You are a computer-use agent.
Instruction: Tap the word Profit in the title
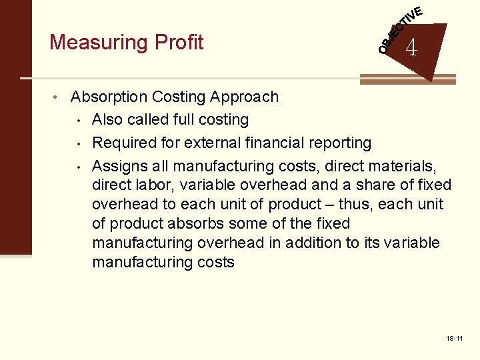coord(179,42)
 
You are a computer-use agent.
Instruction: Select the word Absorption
coord(109,97)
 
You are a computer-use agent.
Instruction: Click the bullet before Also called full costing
coord(79,121)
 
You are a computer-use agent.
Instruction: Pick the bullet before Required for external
coord(79,143)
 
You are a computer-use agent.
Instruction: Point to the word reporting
coord(339,143)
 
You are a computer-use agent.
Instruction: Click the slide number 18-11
coord(455,339)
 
